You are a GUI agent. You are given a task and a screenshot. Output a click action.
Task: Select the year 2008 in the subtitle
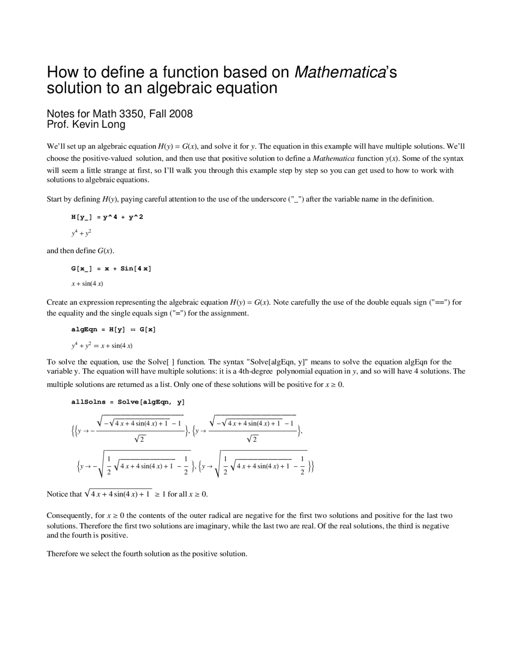coord(181,114)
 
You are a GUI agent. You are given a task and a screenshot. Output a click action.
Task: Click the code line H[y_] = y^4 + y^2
coord(107,217)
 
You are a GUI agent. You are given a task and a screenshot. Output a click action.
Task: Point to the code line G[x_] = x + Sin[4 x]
coord(111,269)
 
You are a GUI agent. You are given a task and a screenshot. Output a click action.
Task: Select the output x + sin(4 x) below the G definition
coord(87,284)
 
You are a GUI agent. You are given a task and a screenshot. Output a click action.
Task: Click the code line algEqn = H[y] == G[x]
coord(113,329)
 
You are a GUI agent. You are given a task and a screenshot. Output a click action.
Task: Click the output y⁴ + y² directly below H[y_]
coord(81,232)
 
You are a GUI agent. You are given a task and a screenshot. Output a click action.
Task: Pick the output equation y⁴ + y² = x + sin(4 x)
coord(102,345)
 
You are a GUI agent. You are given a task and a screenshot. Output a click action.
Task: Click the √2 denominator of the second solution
coord(252,439)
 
